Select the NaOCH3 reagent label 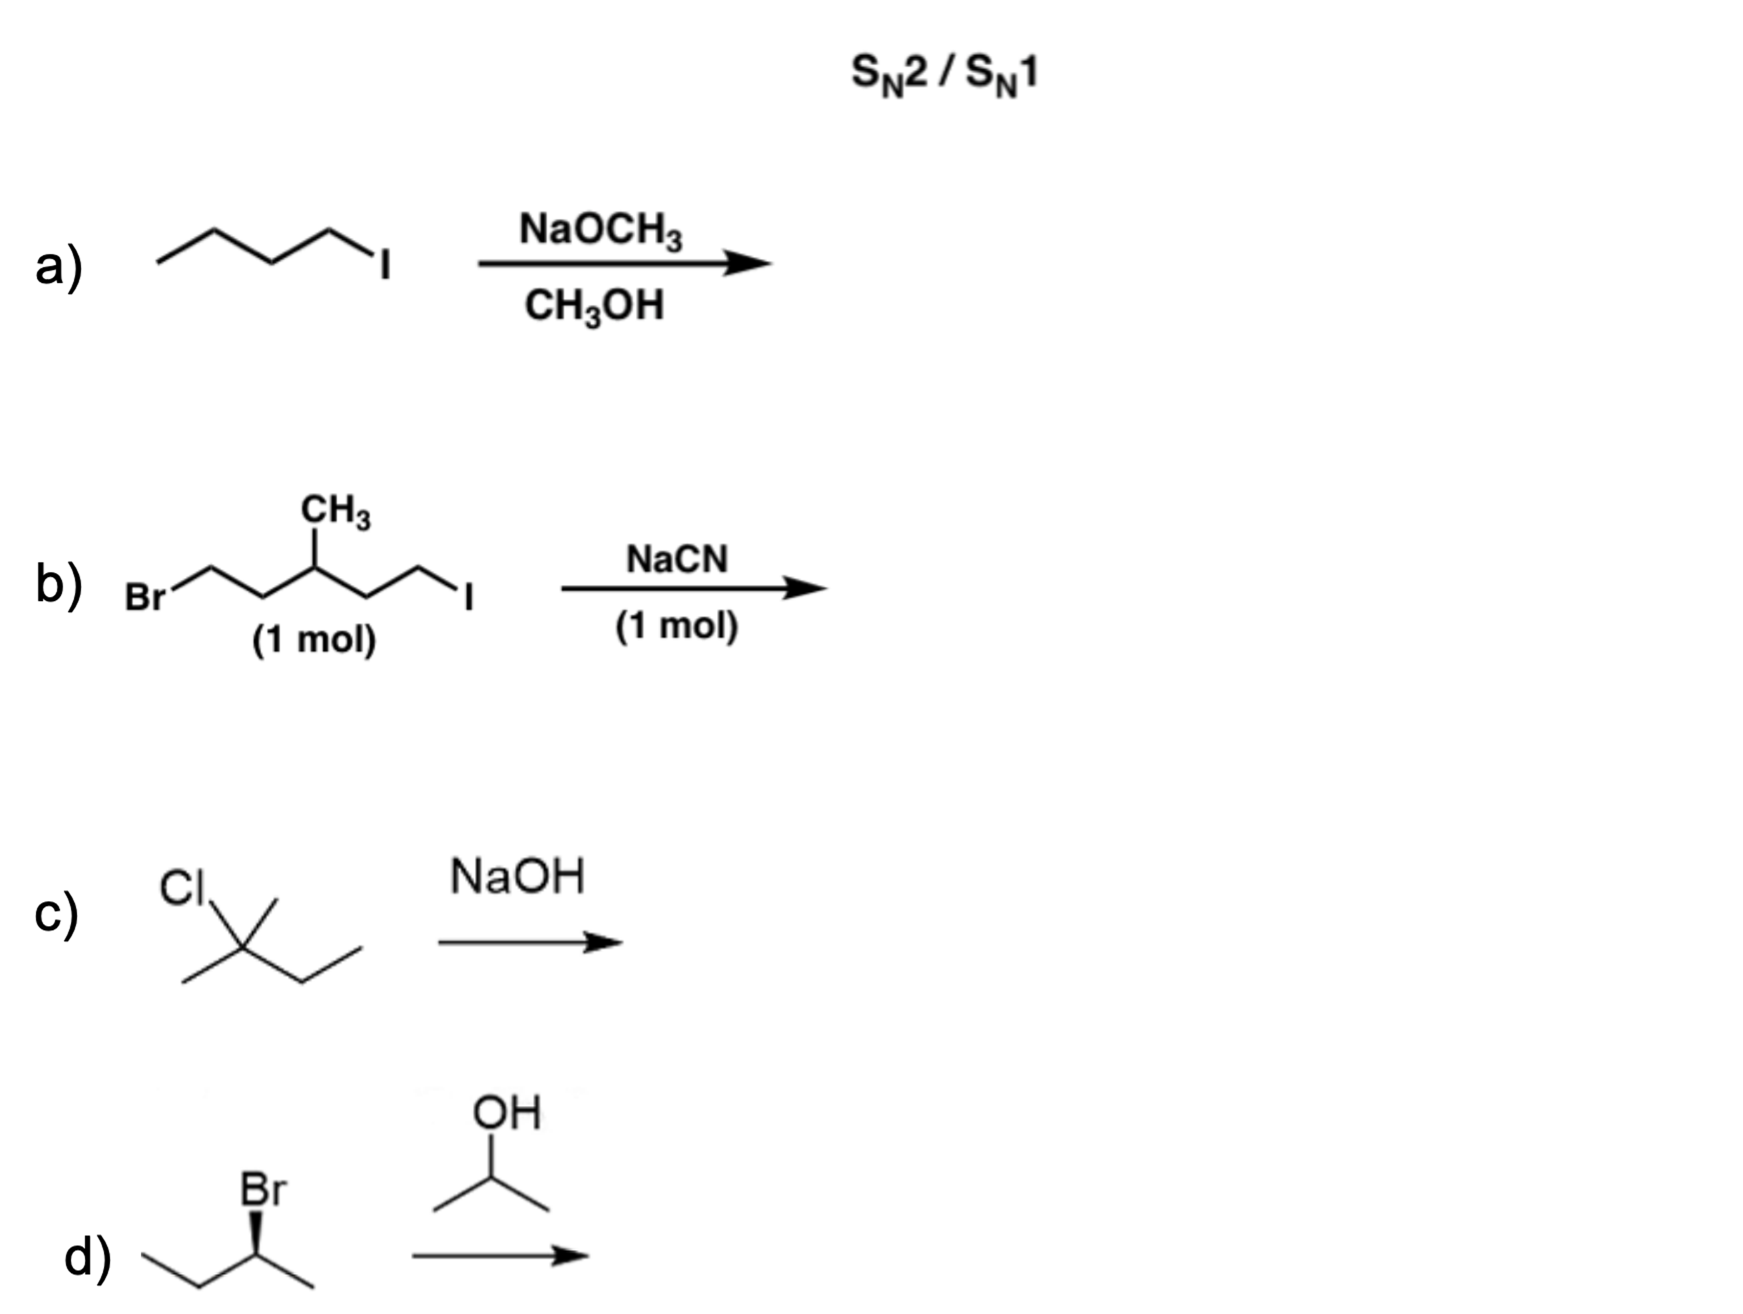click(x=601, y=230)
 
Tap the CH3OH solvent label click(x=594, y=306)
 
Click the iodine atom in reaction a click(x=385, y=266)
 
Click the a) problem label click(x=59, y=267)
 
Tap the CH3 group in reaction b click(x=335, y=511)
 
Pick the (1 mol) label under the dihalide click(x=314, y=639)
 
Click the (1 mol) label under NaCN click(x=676, y=627)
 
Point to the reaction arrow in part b click(x=693, y=588)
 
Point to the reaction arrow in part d click(x=500, y=1255)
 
